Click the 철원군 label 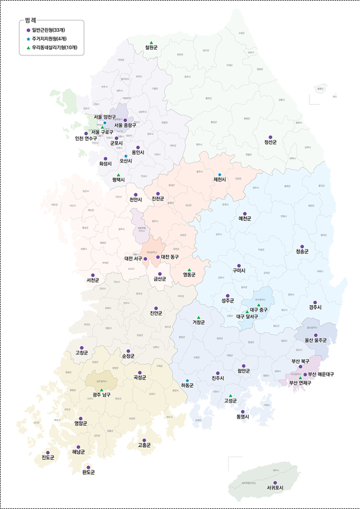151,47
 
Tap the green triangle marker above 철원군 152,40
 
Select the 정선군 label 270,143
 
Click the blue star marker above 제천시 220,174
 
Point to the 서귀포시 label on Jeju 275,489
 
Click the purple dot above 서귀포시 275,483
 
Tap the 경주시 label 315,308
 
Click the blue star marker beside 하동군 187,381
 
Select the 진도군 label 48,459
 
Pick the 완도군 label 88,472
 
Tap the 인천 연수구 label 86,138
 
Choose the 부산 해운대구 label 321,374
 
